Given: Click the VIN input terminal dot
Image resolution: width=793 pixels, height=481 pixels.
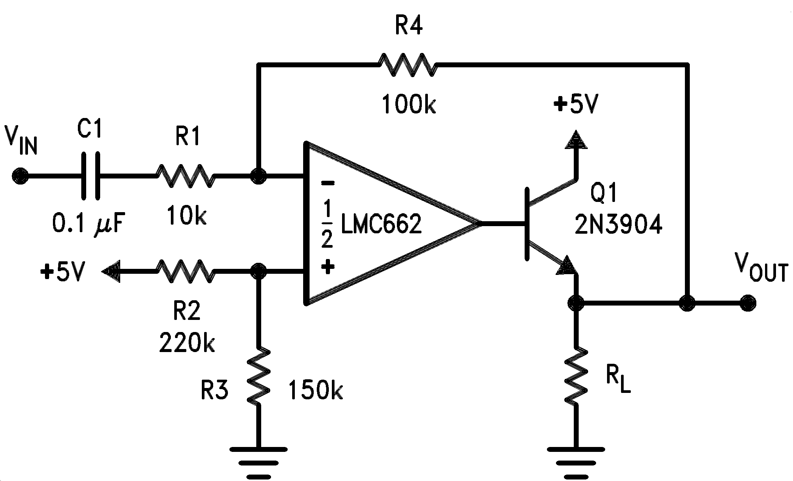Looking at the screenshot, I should (20, 176).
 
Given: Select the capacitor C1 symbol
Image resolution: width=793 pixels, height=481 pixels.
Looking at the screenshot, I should (91, 176).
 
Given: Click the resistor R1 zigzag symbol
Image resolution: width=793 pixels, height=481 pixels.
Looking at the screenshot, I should (185, 176).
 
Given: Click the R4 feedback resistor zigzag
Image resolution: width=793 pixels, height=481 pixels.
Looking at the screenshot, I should (408, 65).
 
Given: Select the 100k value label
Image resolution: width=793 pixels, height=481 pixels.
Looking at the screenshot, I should (409, 105).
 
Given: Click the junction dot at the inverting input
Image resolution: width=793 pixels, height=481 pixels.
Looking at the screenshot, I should (259, 176).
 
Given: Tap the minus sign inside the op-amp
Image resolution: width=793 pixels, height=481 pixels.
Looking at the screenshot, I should (327, 183).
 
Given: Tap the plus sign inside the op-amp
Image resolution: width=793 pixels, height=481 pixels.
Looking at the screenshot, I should (327, 267).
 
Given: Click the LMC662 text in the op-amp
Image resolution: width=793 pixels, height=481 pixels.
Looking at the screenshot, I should (381, 224).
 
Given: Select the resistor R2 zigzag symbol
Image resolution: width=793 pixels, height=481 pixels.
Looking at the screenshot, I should (185, 271).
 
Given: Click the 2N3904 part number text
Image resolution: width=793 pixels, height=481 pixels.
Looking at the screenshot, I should (618, 225).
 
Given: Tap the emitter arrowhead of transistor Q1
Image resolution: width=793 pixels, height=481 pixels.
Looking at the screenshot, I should (567, 265).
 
